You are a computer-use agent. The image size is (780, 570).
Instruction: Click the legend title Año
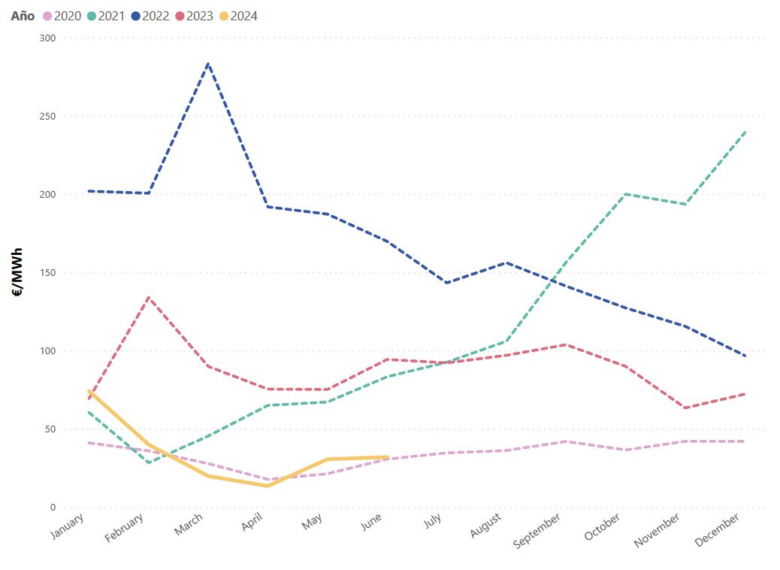[x=23, y=16]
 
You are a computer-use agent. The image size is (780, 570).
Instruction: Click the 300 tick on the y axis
[x=47, y=38]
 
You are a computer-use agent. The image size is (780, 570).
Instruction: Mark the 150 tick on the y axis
[x=47, y=272]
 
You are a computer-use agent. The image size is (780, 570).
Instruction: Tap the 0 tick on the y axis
[x=53, y=508]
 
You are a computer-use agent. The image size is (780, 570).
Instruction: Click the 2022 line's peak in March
[x=208, y=64]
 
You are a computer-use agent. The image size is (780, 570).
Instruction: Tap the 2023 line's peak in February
[x=149, y=298]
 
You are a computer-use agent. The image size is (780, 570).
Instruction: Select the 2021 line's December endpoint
[x=744, y=132]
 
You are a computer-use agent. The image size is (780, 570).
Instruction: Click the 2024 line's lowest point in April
[x=268, y=486]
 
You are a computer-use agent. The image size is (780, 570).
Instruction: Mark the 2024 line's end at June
[x=386, y=457]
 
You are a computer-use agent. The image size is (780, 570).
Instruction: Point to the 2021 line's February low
[x=149, y=462]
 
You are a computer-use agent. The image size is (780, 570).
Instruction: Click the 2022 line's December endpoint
[x=744, y=356]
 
